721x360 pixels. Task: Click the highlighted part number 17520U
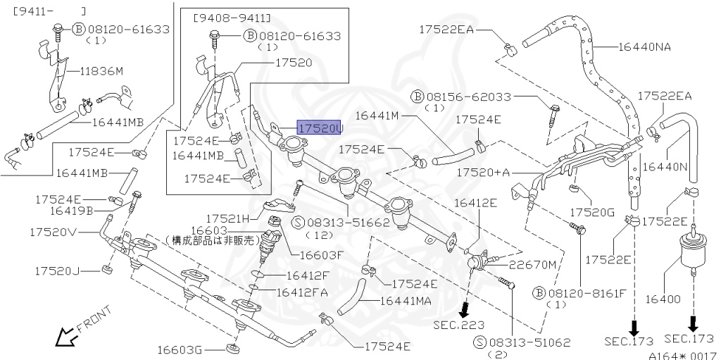coord(319,129)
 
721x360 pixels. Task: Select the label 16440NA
coord(644,47)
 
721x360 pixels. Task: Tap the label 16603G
coord(179,349)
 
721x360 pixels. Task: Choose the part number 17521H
coord(228,218)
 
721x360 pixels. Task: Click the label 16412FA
coord(302,291)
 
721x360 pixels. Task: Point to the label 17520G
coord(592,212)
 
